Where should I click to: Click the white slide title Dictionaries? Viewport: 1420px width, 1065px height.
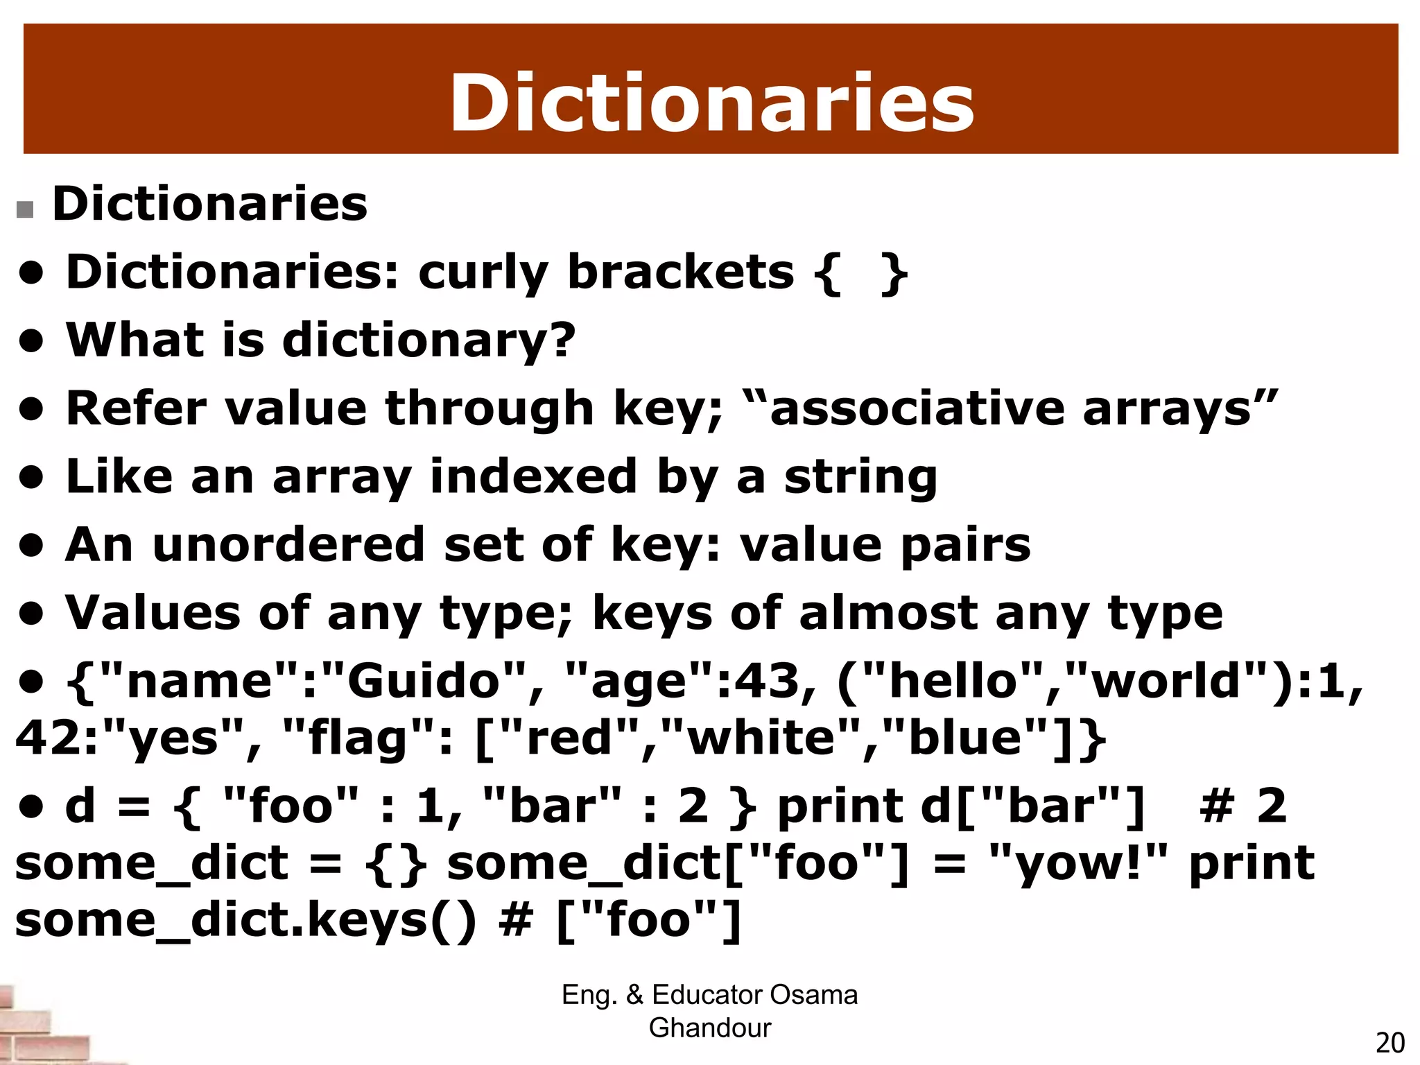pyautogui.click(x=711, y=103)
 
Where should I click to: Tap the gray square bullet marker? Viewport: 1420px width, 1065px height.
pyautogui.click(x=25, y=209)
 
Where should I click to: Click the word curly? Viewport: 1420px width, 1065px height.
pyautogui.click(x=483, y=272)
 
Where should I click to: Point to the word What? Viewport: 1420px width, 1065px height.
pyautogui.click(x=135, y=340)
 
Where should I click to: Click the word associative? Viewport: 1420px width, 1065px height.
pyautogui.click(x=917, y=408)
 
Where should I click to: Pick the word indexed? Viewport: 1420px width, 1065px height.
pyautogui.click(x=533, y=476)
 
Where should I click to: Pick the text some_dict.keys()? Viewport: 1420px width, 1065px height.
pyautogui.click(x=245, y=920)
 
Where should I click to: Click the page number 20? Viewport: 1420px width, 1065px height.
pyautogui.click(x=1389, y=1043)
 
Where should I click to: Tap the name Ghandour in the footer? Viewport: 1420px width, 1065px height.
pyautogui.click(x=709, y=1028)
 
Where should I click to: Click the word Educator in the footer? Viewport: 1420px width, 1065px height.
pyautogui.click(x=707, y=995)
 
